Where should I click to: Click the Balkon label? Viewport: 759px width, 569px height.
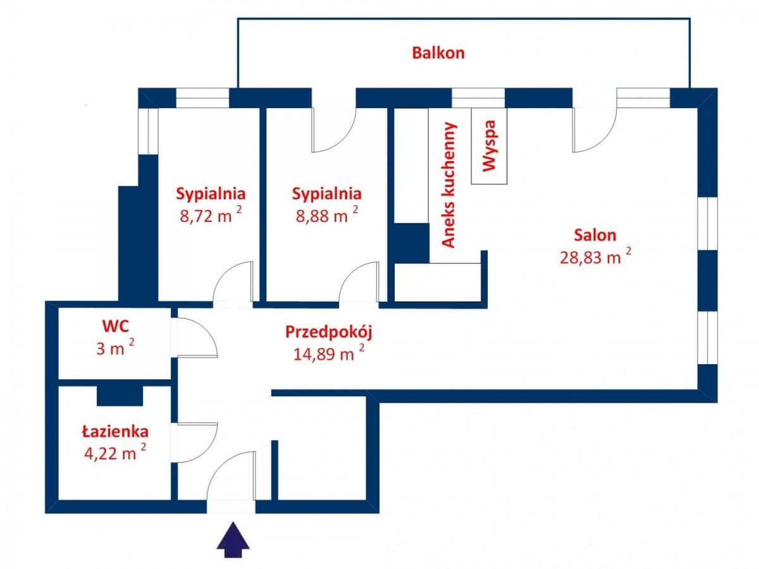[x=438, y=52]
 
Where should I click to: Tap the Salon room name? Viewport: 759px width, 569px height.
[x=595, y=235]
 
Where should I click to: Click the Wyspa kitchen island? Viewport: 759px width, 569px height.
[x=489, y=146]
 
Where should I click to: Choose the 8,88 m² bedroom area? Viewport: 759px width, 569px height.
[x=326, y=215]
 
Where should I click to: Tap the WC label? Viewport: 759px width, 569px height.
[x=116, y=326]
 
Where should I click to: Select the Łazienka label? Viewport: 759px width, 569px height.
[x=115, y=432]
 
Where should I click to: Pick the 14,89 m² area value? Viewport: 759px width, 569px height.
[x=328, y=353]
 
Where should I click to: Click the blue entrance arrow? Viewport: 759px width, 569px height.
[x=233, y=539]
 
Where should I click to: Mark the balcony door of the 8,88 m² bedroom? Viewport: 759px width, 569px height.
[x=334, y=130]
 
